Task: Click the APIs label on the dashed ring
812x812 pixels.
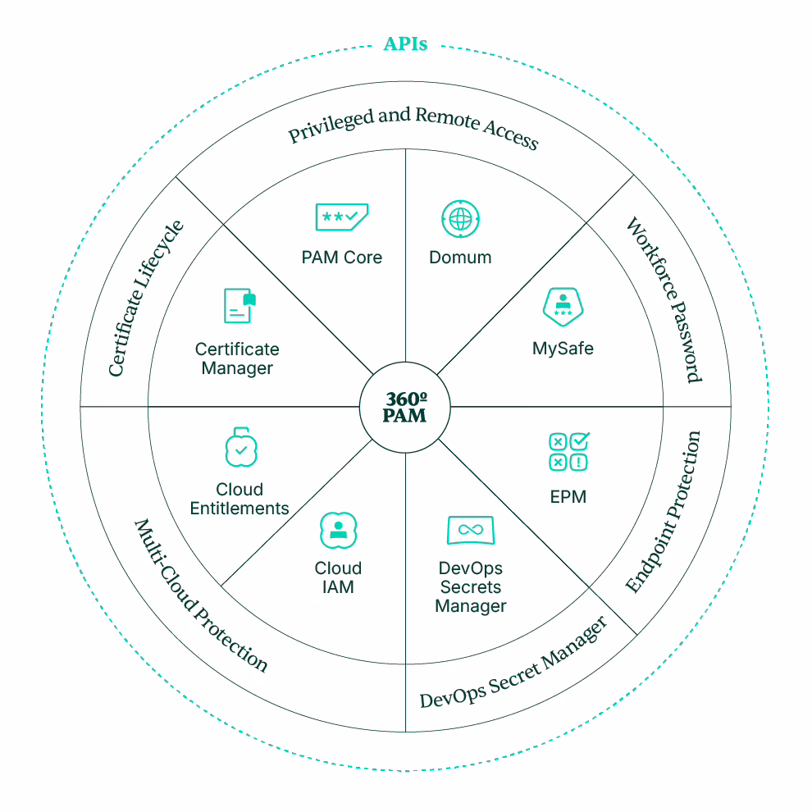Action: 405,44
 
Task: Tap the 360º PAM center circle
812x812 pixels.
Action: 405,407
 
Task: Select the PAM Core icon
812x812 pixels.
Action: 341,217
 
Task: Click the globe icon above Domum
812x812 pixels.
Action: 460,219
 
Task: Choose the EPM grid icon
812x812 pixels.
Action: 568,452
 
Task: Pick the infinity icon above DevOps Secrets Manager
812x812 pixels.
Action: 470,530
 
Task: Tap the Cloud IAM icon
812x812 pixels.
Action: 338,530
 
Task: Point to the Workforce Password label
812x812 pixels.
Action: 664,300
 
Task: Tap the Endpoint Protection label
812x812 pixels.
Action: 664,512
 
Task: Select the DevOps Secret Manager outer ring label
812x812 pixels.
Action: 513,664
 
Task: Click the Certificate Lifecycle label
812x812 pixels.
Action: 146,299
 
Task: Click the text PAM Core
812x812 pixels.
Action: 341,258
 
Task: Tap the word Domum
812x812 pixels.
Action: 460,258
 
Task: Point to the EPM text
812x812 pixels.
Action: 568,496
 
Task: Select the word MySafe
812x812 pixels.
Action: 563,349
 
